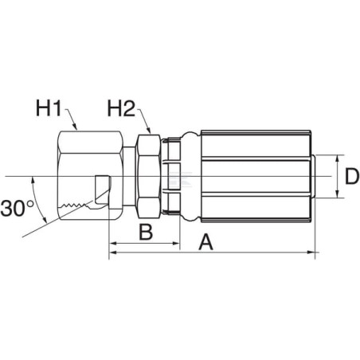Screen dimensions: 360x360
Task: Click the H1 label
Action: pos(49,108)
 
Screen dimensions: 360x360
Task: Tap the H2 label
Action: pos(121,108)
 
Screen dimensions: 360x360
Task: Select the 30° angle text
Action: pos(17,208)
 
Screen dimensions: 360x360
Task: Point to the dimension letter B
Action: pos(146,232)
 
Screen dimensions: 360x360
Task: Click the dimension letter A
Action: pos(205,242)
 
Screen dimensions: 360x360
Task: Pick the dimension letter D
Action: pos(351,176)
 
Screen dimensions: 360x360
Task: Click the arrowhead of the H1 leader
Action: pos(75,127)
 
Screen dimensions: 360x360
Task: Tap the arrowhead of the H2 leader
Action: pos(149,129)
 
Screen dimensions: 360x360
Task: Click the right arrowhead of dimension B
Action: pos(176,243)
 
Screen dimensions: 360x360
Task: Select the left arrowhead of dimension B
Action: pos(113,243)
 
